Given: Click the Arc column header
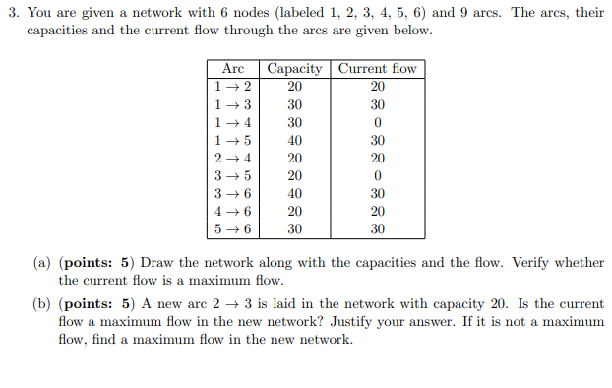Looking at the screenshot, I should (233, 69).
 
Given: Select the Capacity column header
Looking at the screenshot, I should (294, 69).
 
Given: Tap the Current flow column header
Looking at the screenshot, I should (377, 69).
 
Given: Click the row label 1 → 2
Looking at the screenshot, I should (233, 87).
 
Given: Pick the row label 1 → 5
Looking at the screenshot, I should (233, 140).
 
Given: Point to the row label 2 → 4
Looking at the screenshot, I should (233, 158).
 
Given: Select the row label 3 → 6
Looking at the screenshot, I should (233, 193).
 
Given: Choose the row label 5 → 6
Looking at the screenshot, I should (233, 228).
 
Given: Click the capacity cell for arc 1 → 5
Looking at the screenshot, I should (294, 140).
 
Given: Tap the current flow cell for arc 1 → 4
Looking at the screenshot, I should (377, 122).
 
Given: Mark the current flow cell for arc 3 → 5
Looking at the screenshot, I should (377, 175).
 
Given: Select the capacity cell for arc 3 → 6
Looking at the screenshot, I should (294, 193).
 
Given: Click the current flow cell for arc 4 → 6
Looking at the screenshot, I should (377, 211).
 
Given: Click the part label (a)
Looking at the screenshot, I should (42, 263).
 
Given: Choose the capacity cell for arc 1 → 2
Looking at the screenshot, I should (294, 87).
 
